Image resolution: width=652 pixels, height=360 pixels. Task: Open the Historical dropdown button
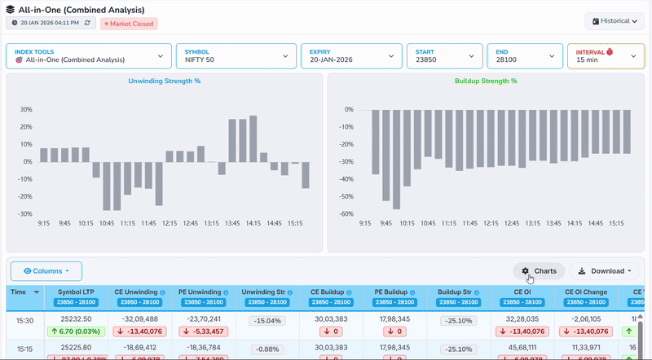(x=614, y=20)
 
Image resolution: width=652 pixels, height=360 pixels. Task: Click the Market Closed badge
(x=129, y=24)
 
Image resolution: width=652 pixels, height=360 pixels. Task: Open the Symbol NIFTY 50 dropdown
(x=234, y=55)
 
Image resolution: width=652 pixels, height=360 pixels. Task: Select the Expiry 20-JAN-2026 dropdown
(x=349, y=55)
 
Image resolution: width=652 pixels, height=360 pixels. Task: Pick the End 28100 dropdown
(x=524, y=55)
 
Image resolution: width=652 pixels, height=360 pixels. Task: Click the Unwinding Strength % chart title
(x=164, y=81)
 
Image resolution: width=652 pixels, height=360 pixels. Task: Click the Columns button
(x=46, y=271)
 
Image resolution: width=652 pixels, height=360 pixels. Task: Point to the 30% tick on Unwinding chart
(x=26, y=109)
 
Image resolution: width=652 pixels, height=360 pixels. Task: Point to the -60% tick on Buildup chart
(x=347, y=214)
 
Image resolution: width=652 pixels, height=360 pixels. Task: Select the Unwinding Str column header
(x=263, y=292)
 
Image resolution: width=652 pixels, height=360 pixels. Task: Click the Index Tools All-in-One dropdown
(x=88, y=55)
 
